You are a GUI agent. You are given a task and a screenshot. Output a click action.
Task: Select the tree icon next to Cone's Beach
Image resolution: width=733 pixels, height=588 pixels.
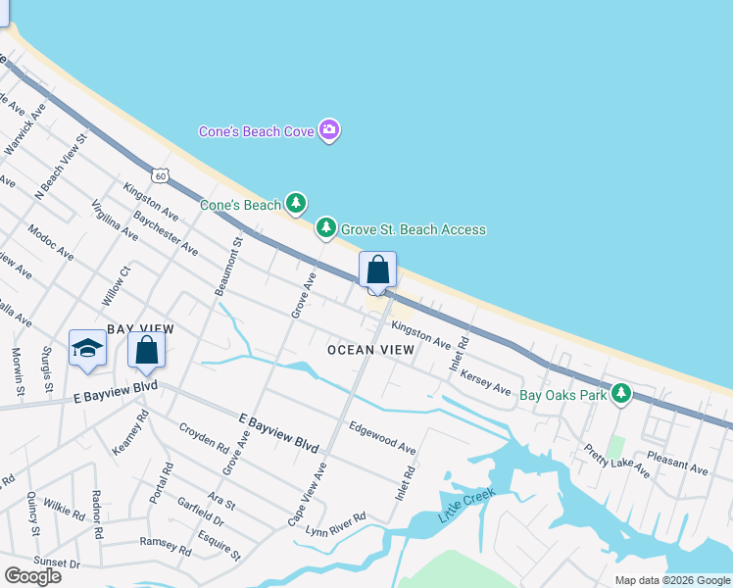(296, 204)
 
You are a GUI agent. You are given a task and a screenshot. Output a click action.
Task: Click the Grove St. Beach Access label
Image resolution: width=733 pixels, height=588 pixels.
(413, 229)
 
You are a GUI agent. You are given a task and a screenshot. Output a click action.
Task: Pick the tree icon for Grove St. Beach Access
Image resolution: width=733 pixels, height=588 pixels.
(325, 228)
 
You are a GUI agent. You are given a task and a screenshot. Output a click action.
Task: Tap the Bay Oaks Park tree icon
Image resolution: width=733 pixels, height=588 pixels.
(619, 394)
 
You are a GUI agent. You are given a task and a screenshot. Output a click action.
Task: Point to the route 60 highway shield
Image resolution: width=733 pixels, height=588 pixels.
(161, 175)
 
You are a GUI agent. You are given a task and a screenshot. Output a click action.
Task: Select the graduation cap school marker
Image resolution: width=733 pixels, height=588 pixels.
(87, 348)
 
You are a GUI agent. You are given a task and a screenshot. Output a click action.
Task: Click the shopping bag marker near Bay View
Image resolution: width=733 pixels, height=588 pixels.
(146, 350)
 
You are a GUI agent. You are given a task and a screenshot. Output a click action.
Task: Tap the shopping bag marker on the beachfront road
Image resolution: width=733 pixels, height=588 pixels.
(377, 269)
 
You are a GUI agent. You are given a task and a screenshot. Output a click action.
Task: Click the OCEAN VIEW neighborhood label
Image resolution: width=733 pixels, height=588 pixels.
(370, 350)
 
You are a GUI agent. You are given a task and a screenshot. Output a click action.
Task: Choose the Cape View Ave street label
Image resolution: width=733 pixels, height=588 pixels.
(306, 495)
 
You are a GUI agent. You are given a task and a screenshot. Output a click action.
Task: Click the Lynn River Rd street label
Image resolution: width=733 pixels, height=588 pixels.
(335, 524)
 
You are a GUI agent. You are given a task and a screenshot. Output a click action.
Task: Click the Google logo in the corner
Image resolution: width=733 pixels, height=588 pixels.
(32, 575)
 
